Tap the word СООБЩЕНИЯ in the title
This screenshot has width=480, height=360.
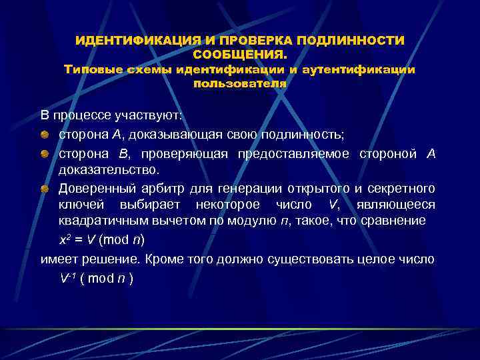tap(239, 53)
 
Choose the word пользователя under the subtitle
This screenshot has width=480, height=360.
tap(239, 84)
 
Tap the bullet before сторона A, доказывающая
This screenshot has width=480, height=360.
tap(43, 135)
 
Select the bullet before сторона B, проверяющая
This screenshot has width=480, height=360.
tap(43, 154)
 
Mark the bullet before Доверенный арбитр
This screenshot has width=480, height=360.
tap(43, 189)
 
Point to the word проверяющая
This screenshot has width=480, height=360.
tap(180, 154)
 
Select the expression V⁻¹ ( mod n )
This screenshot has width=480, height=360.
tap(96, 278)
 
